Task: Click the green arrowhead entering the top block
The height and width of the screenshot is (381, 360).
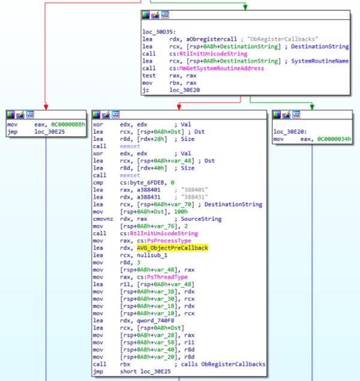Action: tap(244, 7)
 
